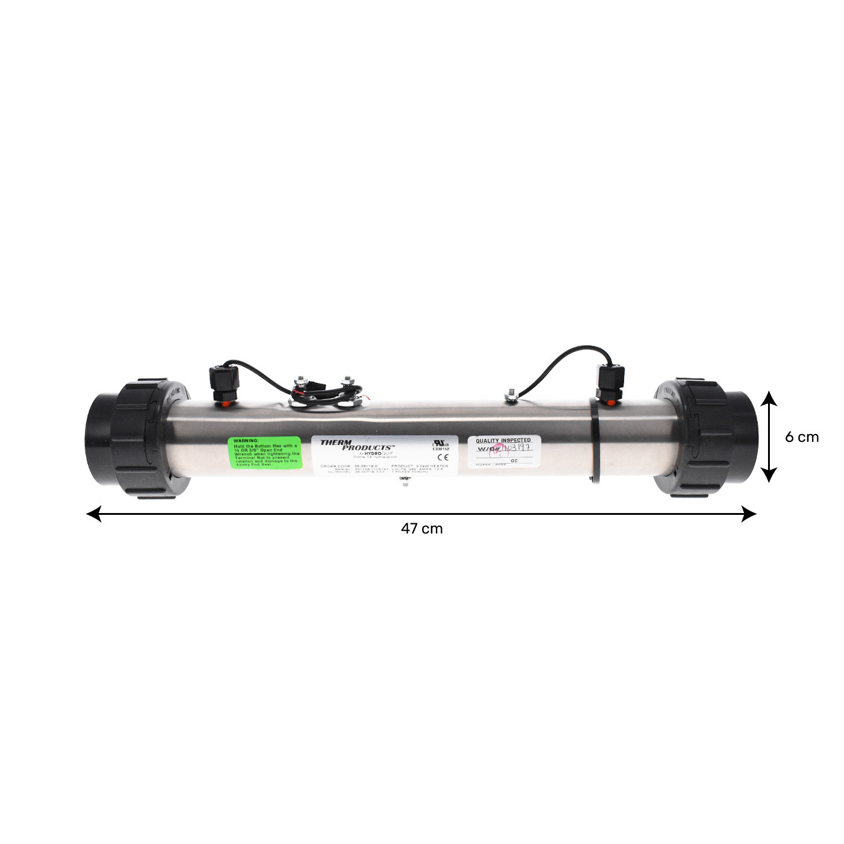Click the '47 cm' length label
coord(421,529)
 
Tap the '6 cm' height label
coord(801,437)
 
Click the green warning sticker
coord(265,452)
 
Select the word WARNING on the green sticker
coord(246,441)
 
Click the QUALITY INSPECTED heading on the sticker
coord(503,440)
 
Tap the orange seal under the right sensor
coord(610,402)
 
